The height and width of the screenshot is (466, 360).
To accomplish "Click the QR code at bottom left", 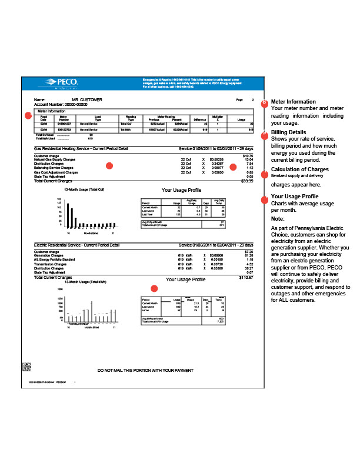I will point(26,367).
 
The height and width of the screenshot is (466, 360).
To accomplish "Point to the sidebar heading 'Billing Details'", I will point(288,133).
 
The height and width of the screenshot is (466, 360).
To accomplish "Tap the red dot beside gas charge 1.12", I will point(233,167).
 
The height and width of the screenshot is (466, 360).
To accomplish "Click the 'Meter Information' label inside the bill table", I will point(52,111).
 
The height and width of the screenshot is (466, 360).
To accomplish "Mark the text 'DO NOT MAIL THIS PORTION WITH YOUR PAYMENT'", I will point(145,371).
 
